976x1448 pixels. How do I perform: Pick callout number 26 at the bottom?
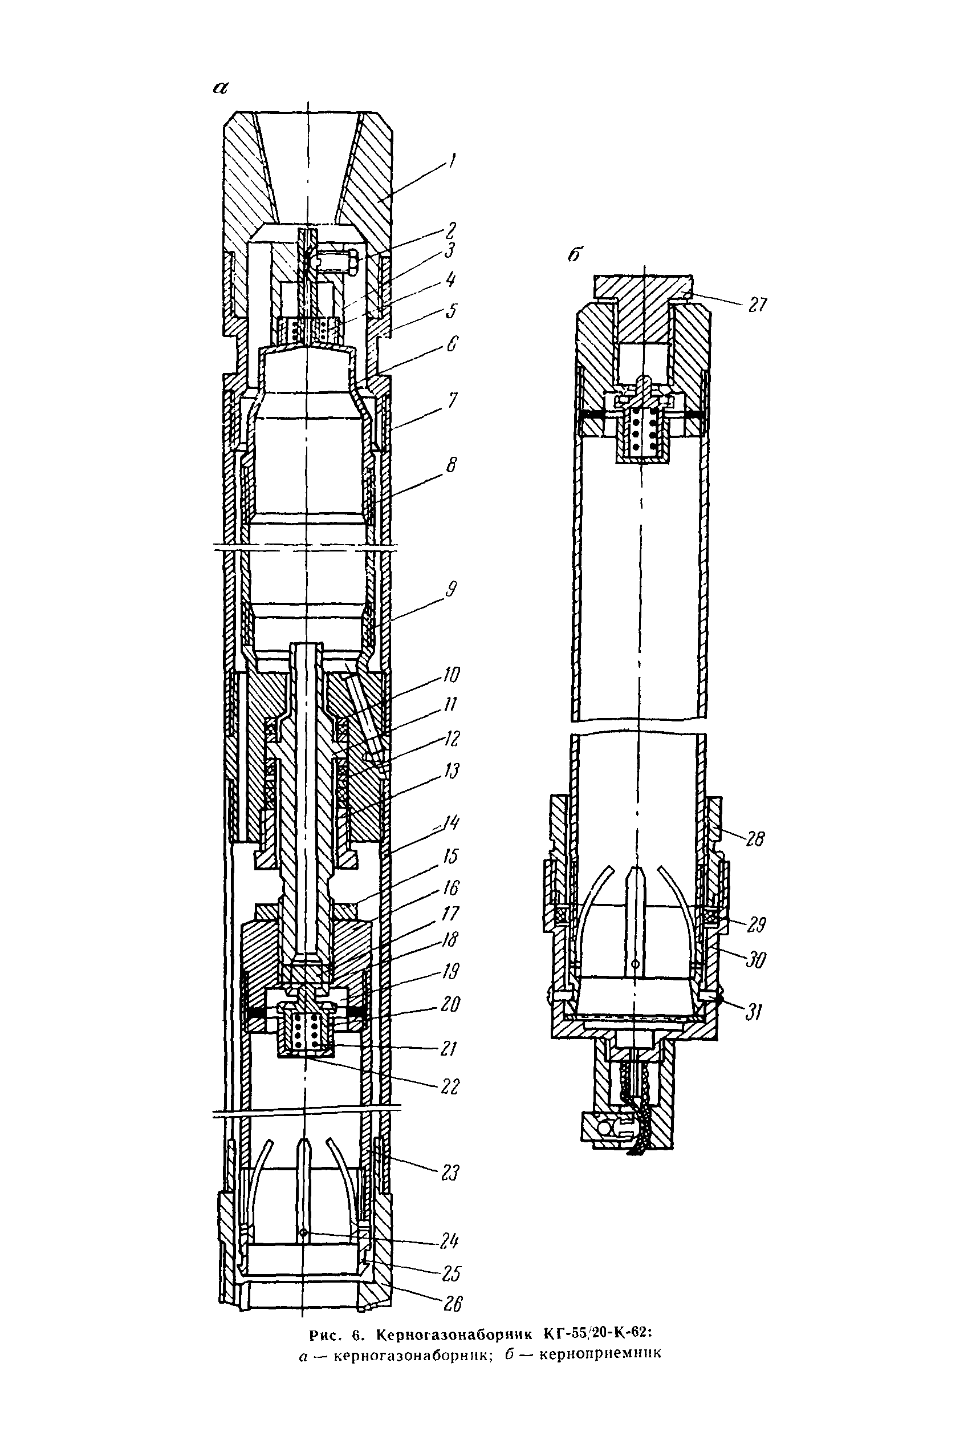[x=453, y=1303]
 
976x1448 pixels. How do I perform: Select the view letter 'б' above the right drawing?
[x=576, y=254]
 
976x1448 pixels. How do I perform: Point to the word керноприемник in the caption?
[x=599, y=1354]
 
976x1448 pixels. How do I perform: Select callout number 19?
[x=450, y=971]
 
